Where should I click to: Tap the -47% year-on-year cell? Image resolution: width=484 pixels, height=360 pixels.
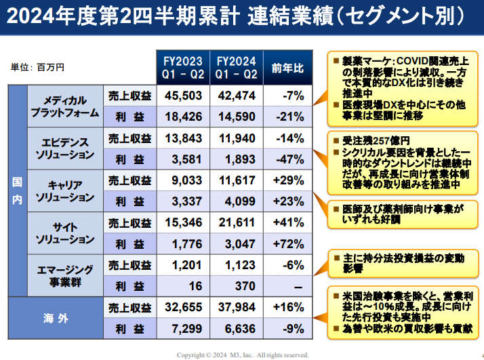click(x=287, y=159)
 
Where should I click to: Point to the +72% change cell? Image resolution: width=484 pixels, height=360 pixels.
click(x=287, y=244)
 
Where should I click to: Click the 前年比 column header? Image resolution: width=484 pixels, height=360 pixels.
click(x=287, y=68)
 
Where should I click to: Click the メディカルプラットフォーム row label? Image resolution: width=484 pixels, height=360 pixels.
click(x=64, y=106)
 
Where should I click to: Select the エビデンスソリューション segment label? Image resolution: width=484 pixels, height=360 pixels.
click(x=64, y=148)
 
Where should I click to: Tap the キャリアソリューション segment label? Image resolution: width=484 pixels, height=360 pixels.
click(x=64, y=191)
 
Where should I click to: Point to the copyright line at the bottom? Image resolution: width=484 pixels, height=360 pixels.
click(x=242, y=355)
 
